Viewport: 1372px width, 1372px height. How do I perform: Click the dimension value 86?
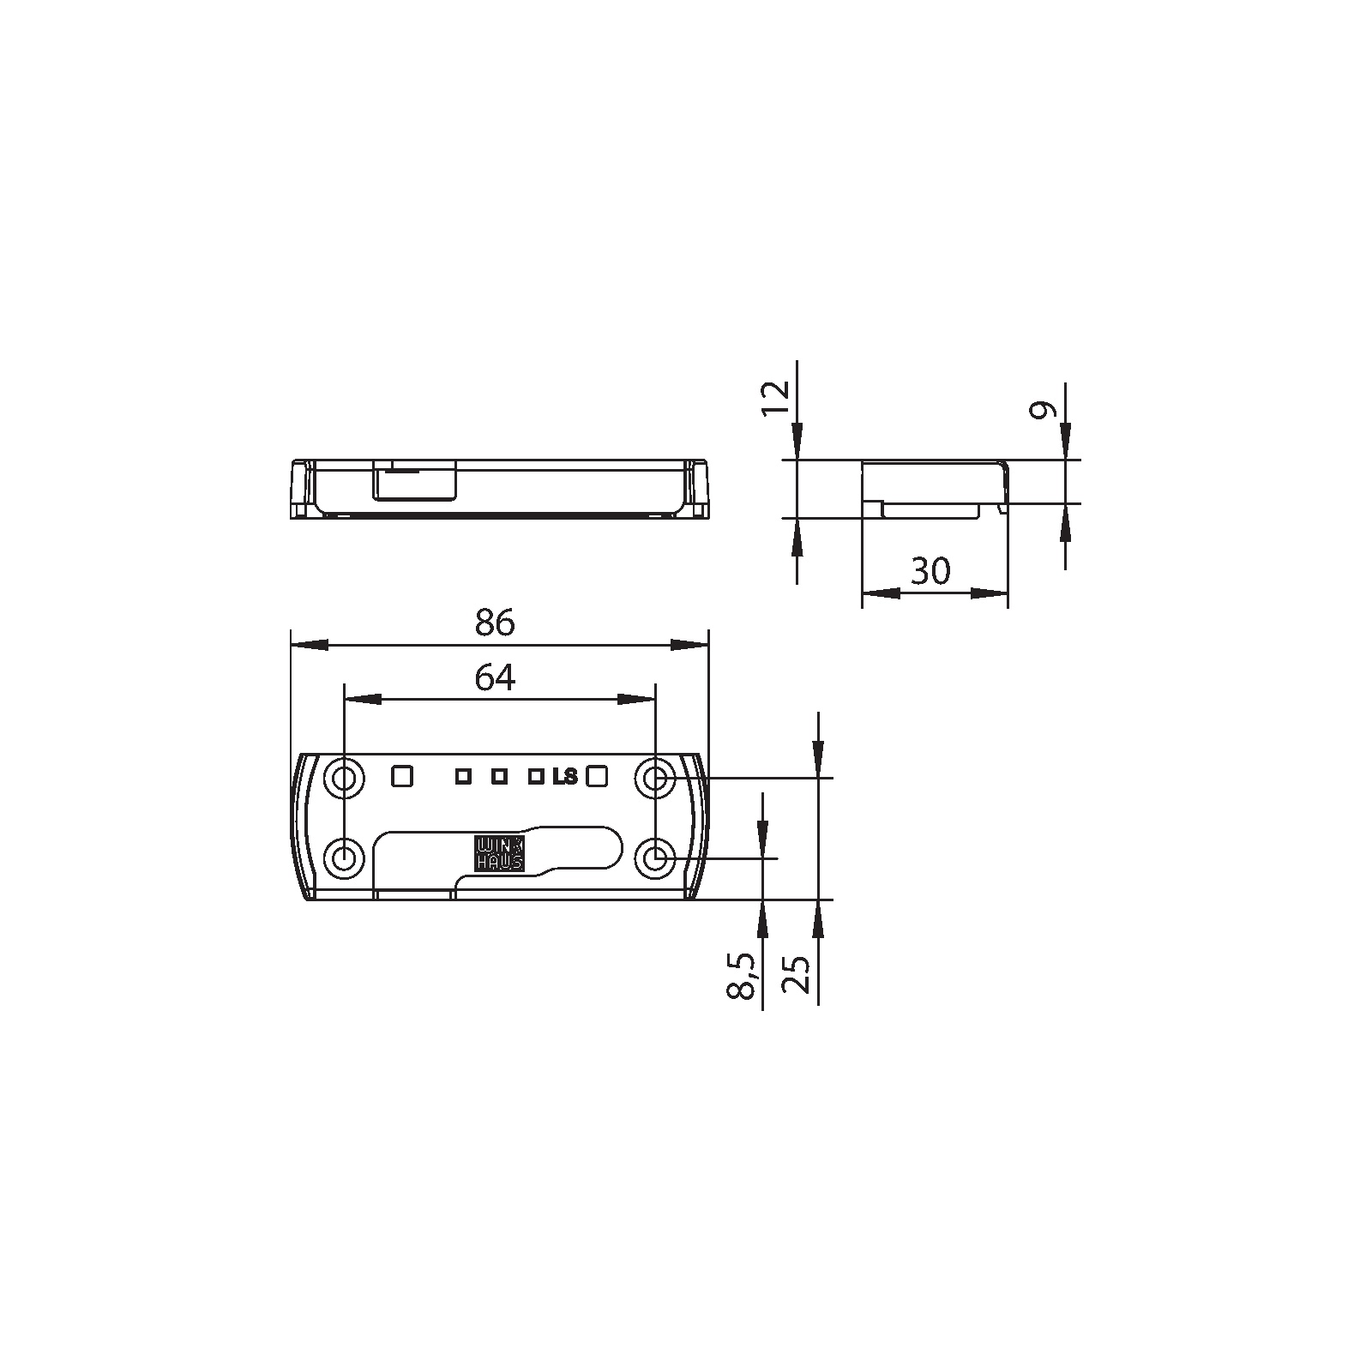pyautogui.click(x=495, y=623)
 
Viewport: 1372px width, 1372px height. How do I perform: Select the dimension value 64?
pyautogui.click(x=495, y=678)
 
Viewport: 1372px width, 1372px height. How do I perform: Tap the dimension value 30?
pyautogui.click(x=931, y=570)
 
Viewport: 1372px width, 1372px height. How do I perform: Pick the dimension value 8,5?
pyautogui.click(x=743, y=976)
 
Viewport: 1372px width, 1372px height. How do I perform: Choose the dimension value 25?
pyautogui.click(x=797, y=974)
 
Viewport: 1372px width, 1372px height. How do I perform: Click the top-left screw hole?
pyautogui.click(x=344, y=779)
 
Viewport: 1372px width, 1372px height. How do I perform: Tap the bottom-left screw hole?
pyautogui.click(x=344, y=857)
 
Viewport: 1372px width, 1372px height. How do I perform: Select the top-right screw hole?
pyautogui.click(x=655, y=779)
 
